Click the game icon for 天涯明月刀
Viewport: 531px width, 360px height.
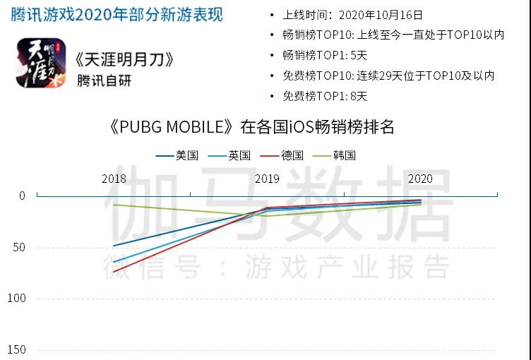[x=41, y=63]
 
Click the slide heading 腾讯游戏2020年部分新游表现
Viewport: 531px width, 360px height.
[x=117, y=14]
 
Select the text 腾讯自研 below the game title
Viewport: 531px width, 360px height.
[x=104, y=80]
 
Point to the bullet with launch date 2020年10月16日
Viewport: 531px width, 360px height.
[x=352, y=14]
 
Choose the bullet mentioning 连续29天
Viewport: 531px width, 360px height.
[x=388, y=76]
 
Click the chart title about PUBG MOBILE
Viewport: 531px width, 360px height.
[x=251, y=127]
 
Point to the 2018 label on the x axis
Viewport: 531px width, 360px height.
[x=114, y=179]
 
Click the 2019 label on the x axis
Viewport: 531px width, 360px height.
[x=267, y=179]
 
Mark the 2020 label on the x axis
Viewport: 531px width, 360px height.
[x=421, y=179]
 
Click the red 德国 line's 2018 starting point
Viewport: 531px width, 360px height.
[x=114, y=272]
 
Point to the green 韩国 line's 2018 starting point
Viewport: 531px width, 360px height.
[x=114, y=205]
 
